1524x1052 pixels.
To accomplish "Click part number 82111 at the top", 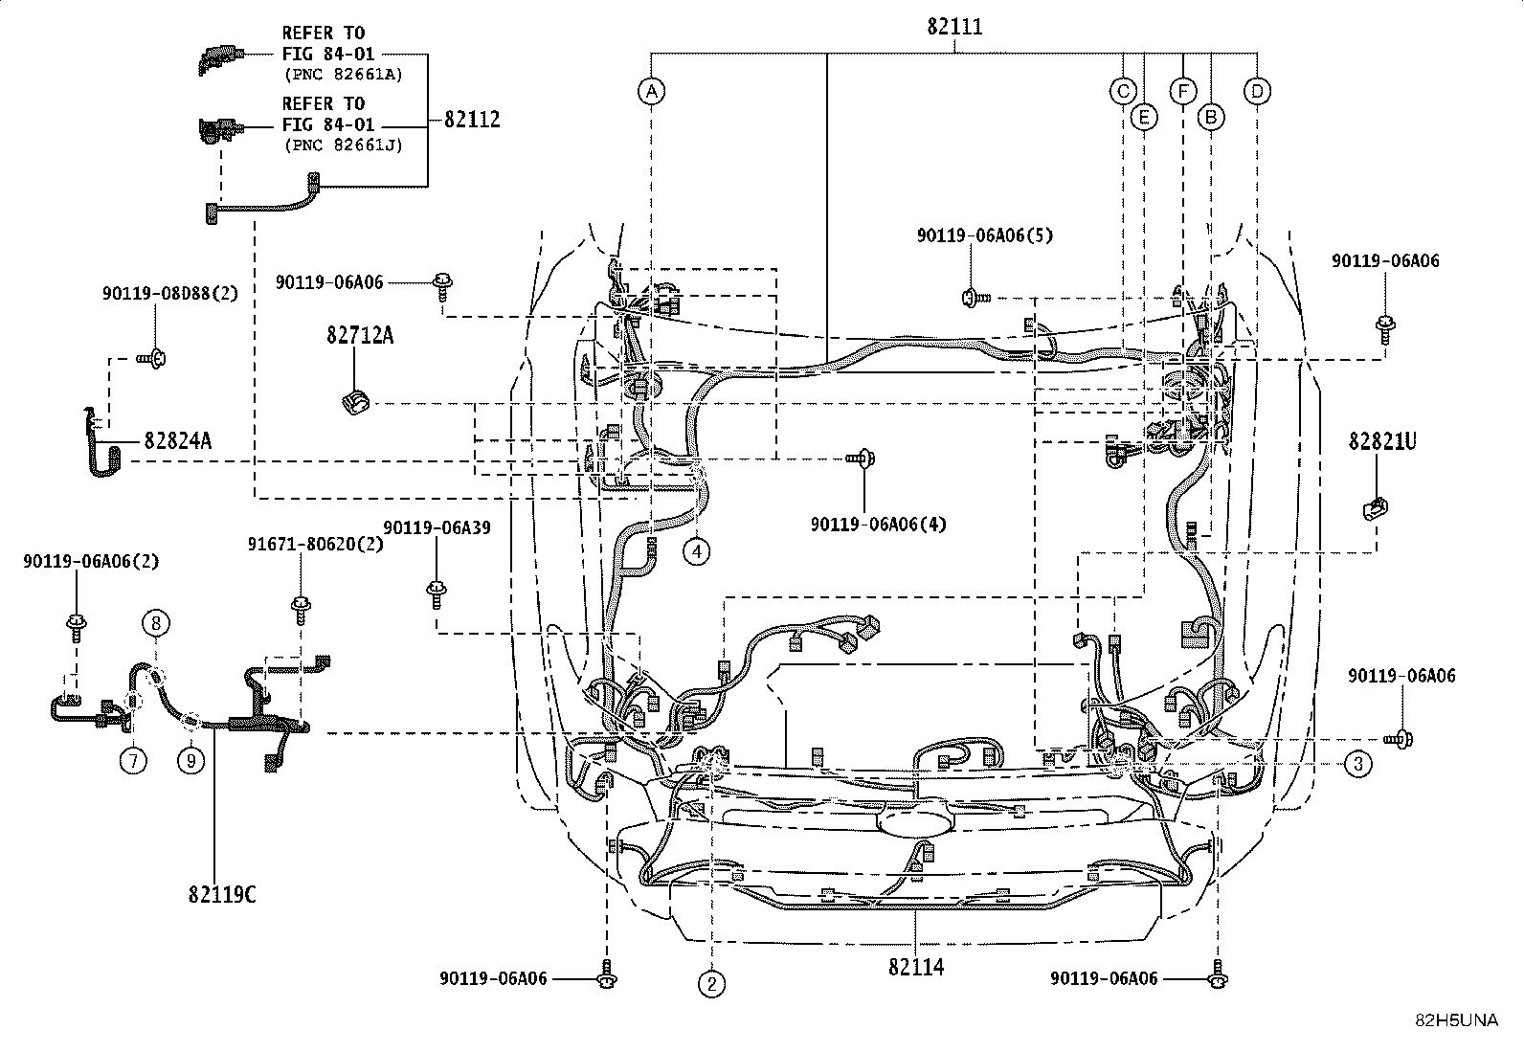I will point(953,28).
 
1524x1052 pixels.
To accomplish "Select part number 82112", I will point(471,120).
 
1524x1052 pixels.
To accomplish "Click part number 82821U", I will point(1382,441).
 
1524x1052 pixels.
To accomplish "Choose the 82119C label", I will point(222,895).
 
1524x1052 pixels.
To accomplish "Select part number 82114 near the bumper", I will point(915,967).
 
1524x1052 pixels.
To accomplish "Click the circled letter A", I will point(651,92).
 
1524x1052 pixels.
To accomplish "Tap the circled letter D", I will point(1257,92).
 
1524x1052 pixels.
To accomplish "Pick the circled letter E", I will point(1143,117).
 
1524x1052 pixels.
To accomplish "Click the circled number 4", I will point(697,551).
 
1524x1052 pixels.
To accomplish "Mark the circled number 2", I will point(711,983).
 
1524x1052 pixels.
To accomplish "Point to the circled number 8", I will point(157,623).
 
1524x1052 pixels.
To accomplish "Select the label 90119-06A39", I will point(437,527).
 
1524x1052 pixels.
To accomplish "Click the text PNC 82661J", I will point(343,145).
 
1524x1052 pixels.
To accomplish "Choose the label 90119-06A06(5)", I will point(984,235).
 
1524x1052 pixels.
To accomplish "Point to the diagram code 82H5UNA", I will point(1456,1020).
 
